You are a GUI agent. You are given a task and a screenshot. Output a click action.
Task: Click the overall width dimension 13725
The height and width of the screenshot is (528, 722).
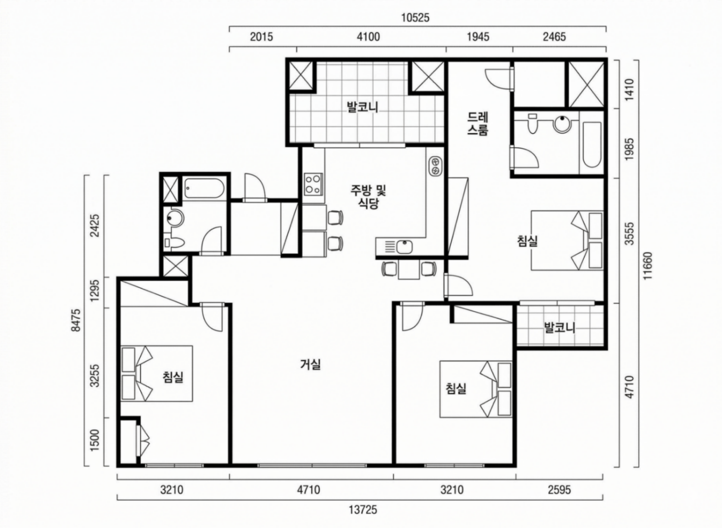point(363,510)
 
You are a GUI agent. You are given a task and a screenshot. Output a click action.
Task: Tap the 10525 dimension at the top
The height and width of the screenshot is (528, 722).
point(415,18)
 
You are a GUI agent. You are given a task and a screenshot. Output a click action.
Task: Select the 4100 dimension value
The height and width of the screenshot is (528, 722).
point(368,37)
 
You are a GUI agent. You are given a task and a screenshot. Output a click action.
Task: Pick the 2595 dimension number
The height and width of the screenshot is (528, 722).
point(559,490)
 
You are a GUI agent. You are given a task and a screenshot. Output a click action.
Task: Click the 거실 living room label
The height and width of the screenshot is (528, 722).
point(311,365)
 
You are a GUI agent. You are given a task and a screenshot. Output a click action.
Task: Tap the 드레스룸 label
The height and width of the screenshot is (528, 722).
point(478,123)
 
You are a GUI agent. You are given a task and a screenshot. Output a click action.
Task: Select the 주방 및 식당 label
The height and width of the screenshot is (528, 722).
point(368,197)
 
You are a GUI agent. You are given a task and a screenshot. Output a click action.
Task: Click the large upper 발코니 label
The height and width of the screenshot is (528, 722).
point(362,107)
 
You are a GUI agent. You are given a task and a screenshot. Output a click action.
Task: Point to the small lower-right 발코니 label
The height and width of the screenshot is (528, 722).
point(560,328)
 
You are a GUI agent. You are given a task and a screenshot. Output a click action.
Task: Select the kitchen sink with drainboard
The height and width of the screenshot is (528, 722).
point(400,247)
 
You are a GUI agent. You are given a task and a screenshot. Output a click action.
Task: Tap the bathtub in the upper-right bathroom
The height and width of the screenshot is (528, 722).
point(592,144)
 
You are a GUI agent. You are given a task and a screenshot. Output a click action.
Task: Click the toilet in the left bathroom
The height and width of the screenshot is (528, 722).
point(173,242)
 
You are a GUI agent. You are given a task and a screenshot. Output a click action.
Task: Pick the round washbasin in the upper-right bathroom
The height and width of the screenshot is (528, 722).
point(562,124)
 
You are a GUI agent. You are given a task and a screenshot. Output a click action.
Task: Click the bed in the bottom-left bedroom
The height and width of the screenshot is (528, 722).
point(157,374)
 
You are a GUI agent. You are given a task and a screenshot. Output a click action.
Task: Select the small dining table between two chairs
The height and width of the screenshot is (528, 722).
point(409,269)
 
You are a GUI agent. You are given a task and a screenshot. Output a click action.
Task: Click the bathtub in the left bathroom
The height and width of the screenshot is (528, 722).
point(204,189)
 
